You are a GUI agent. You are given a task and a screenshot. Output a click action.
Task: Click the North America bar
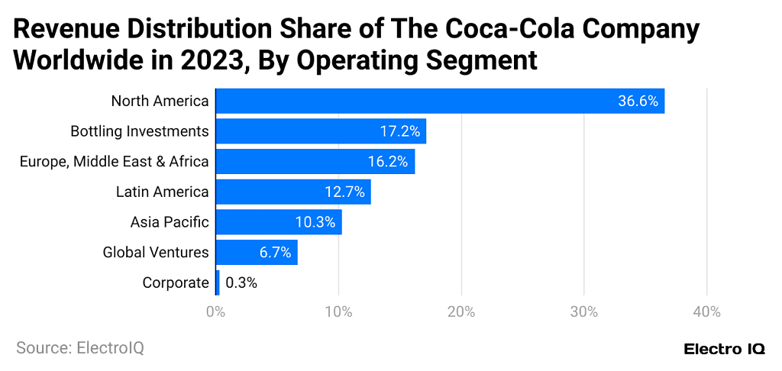click(440, 101)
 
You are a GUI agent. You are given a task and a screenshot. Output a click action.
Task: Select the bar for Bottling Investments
click(321, 131)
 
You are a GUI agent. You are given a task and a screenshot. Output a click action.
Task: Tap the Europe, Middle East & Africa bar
click(315, 162)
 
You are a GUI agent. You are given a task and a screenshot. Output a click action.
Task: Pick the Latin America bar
click(293, 192)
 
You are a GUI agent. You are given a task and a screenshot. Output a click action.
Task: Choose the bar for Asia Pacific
click(279, 222)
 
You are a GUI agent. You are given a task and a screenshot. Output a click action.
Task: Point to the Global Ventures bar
click(257, 253)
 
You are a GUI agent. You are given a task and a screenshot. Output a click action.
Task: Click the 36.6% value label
click(638, 101)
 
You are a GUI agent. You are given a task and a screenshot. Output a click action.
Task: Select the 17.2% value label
click(400, 131)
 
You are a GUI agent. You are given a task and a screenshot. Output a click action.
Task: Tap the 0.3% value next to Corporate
click(241, 283)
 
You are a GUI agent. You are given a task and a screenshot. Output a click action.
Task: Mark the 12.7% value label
click(345, 192)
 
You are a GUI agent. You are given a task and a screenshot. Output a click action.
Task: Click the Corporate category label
click(176, 283)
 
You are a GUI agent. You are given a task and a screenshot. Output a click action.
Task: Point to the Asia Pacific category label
click(170, 222)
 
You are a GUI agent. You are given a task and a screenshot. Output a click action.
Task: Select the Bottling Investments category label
click(140, 131)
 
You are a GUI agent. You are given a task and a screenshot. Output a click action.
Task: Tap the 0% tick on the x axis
click(216, 311)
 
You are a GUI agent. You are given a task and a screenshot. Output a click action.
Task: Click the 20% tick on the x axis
click(461, 311)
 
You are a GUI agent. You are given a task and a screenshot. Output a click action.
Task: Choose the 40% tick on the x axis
click(706, 311)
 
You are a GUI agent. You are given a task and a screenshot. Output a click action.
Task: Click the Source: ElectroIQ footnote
click(80, 348)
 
